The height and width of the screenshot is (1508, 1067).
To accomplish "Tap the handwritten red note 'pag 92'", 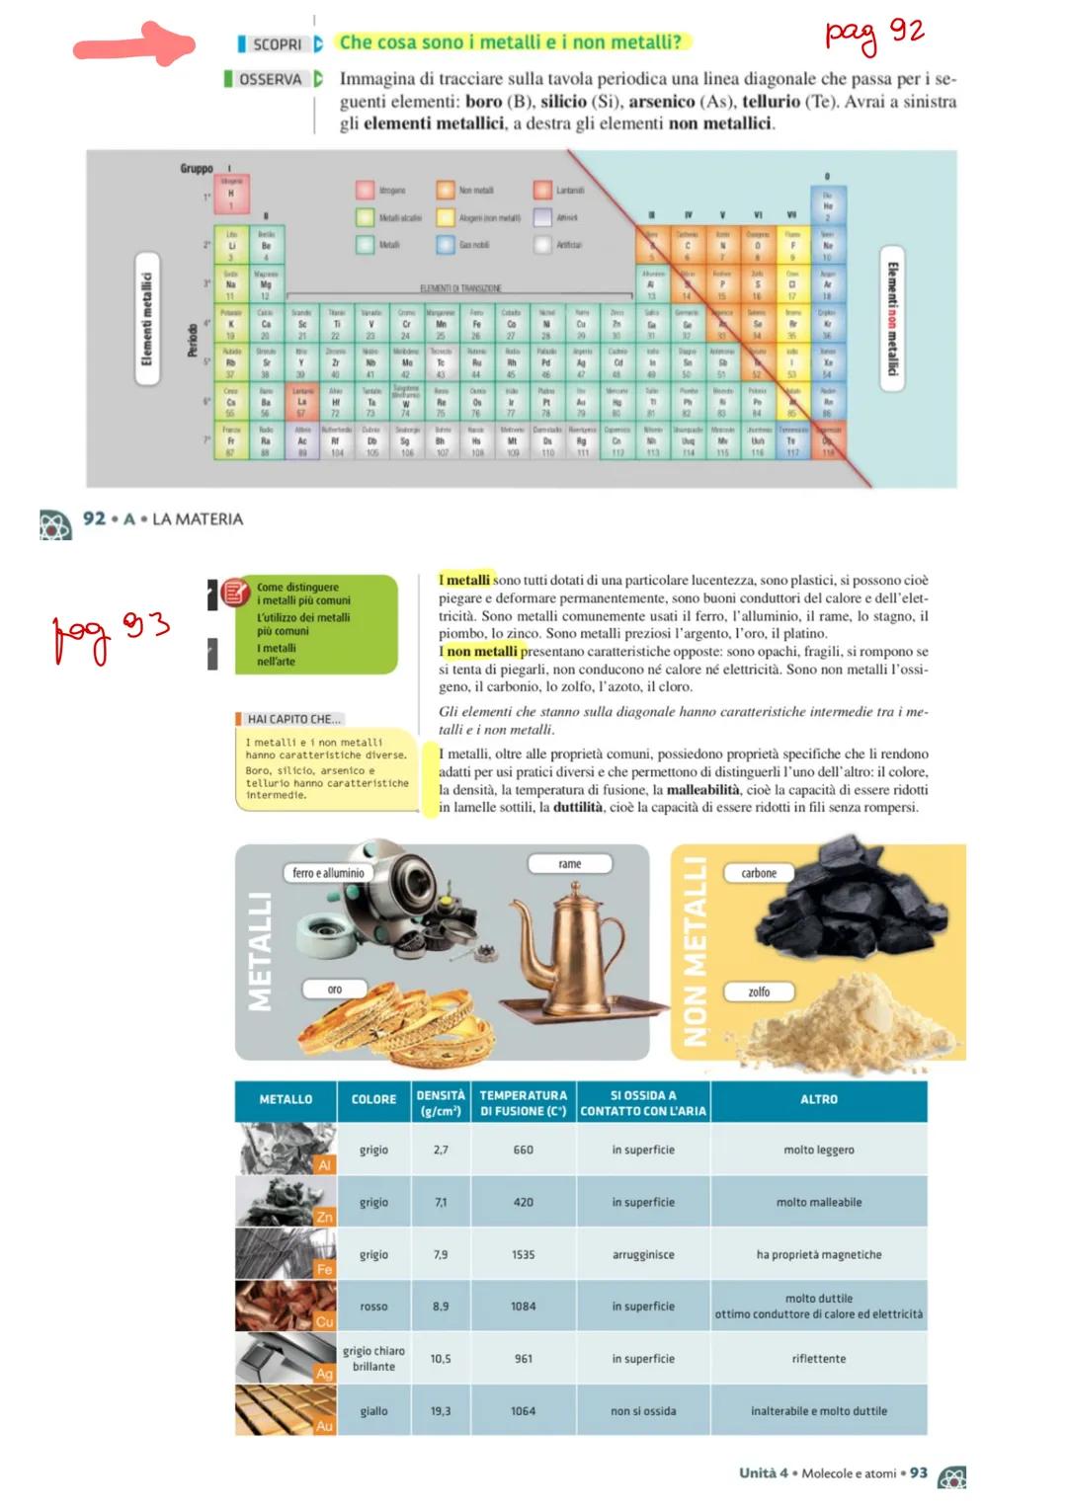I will coord(873,36).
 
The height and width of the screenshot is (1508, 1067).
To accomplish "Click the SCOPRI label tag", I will coord(276,44).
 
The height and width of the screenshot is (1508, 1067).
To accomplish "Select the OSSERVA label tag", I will coord(269,79).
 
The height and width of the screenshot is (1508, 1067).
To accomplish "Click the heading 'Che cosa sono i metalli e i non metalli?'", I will coord(511,42).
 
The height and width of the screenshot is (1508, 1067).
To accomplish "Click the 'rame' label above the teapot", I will coord(570,864).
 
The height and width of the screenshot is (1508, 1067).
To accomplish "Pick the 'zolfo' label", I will coord(759,992).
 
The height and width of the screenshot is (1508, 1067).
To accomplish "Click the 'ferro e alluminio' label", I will coord(328,873).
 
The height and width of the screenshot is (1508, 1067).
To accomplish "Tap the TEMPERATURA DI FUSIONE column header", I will coord(524,1103).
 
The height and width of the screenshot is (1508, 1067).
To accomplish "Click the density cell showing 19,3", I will coord(441,1411).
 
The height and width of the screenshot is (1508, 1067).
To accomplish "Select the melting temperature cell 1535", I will coord(524,1255).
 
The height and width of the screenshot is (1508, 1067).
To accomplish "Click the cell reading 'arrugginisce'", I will coord(643,1255).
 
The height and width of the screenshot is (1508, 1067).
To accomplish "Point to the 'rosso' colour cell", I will coord(373,1307).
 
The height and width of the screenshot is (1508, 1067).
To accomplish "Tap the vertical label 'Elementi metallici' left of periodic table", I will coord(147,319).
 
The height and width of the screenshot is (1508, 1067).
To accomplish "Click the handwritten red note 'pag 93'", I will coord(109,632).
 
